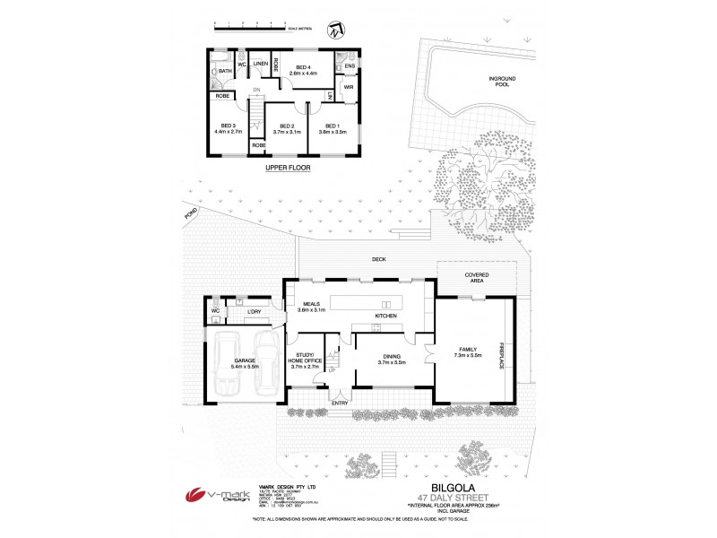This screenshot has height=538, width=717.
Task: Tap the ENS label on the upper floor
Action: pos(349,65)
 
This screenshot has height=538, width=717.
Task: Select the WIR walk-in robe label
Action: pos(349,87)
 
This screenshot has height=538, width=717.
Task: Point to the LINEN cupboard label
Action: pos(259,65)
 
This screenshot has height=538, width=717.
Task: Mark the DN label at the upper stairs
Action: pos(255,90)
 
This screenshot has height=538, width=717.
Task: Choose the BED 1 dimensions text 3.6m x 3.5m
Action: pos(332,132)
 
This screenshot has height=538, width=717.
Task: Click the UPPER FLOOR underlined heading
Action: pos(287,168)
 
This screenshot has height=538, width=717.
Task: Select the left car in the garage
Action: pos(228,363)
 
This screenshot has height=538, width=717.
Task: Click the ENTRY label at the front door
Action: pos(340,403)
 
